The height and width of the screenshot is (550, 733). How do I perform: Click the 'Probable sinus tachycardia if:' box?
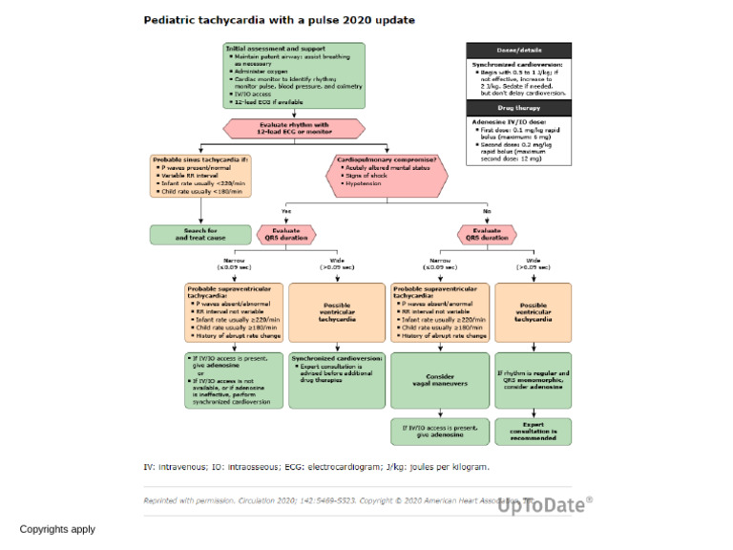pyautogui.click(x=200, y=175)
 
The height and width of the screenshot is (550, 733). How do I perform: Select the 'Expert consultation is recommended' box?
pyautogui.click(x=534, y=431)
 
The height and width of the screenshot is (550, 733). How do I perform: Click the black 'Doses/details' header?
pyautogui.click(x=518, y=52)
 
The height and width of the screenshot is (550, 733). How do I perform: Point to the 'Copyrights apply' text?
pyautogui.click(x=57, y=528)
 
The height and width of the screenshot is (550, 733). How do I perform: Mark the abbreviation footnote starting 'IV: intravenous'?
pyautogui.click(x=316, y=467)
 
